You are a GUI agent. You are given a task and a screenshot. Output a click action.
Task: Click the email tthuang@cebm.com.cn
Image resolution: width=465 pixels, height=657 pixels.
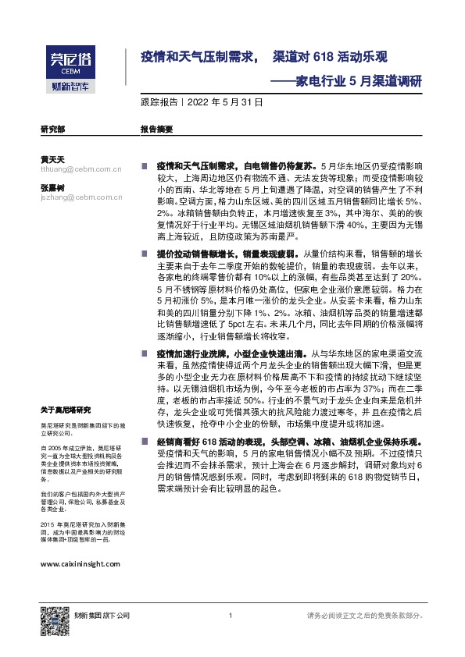pyautogui.click(x=80, y=168)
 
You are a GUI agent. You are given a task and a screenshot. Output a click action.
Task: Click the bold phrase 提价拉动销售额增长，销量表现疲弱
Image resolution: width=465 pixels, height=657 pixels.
pyautogui.click(x=225, y=254)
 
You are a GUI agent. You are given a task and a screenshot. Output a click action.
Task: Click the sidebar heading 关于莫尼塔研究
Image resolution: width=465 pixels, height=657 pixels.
pyautogui.click(x=66, y=409)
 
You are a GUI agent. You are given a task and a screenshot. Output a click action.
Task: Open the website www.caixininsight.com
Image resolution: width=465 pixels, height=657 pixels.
pyautogui.click(x=80, y=563)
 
